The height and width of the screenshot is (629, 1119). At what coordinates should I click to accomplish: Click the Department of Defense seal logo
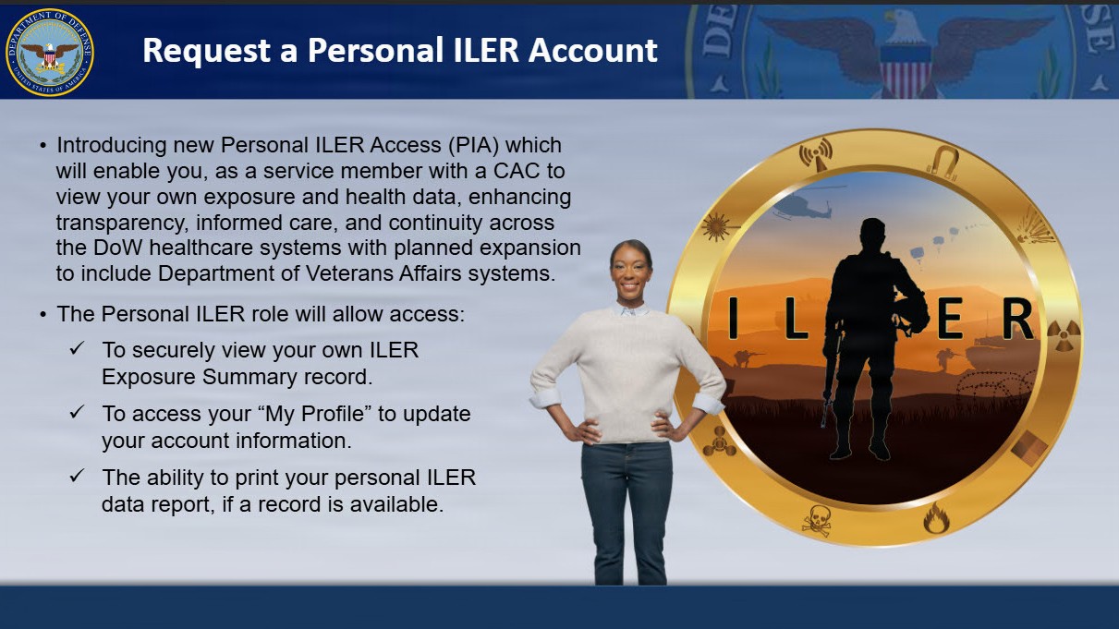(49, 52)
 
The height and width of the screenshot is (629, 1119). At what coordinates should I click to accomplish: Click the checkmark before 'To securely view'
(78, 349)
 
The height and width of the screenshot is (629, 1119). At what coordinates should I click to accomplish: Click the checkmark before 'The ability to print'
(78, 476)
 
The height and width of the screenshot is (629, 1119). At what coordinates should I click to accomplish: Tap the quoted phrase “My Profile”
(314, 414)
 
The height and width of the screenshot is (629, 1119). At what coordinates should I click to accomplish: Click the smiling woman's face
(631, 272)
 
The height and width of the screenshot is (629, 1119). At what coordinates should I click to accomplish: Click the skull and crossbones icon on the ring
(816, 520)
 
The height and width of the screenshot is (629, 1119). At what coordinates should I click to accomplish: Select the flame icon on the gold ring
(936, 518)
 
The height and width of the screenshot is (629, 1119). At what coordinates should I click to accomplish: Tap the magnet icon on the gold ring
(942, 163)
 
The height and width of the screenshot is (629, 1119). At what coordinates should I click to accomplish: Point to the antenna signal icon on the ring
(817, 155)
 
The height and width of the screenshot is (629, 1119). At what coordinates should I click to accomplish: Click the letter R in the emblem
(1016, 320)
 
